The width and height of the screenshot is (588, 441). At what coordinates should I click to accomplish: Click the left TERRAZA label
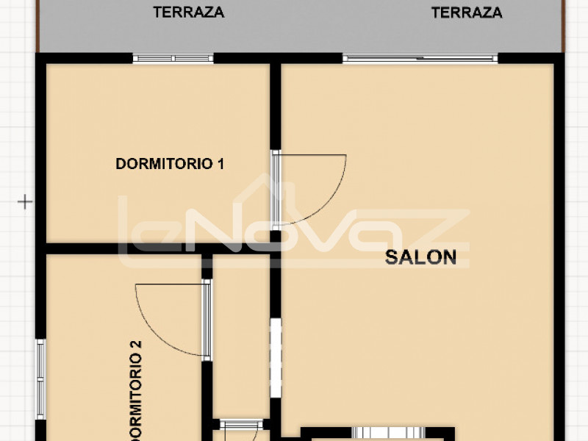tap(189, 12)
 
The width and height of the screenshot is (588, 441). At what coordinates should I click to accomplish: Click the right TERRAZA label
tap(467, 12)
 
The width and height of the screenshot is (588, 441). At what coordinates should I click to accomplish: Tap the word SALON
tap(420, 257)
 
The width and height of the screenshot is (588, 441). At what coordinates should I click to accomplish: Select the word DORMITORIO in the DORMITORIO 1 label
tap(164, 164)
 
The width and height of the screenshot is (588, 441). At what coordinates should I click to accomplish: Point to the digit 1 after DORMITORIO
tap(221, 164)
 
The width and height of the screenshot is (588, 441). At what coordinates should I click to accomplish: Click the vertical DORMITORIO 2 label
tap(135, 390)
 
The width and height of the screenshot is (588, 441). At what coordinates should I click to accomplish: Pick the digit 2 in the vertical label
tap(135, 345)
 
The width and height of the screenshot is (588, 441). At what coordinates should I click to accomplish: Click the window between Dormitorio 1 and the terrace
tap(173, 59)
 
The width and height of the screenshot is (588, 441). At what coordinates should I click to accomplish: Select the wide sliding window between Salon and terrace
tap(420, 59)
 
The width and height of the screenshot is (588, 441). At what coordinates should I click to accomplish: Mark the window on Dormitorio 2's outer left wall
tap(40, 379)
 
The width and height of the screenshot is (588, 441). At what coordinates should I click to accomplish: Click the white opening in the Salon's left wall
tap(276, 358)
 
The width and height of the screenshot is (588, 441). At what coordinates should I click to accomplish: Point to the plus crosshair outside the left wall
tap(25, 201)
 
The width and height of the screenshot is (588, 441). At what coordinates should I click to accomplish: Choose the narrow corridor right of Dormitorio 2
tap(241, 337)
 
